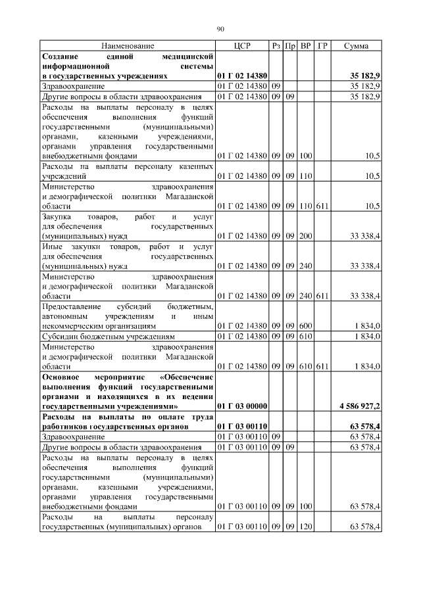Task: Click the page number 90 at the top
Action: [x=220, y=28]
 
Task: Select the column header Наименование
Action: [x=128, y=46]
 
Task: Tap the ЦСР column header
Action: [x=241, y=46]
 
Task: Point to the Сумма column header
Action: [x=356, y=46]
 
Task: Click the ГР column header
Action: [x=322, y=46]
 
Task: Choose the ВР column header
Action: [x=305, y=46]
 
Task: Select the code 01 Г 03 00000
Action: [x=241, y=408]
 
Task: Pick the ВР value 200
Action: [x=305, y=235]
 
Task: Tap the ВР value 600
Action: [x=305, y=326]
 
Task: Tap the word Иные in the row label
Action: [x=52, y=247]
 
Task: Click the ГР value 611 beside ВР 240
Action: [x=322, y=297]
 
